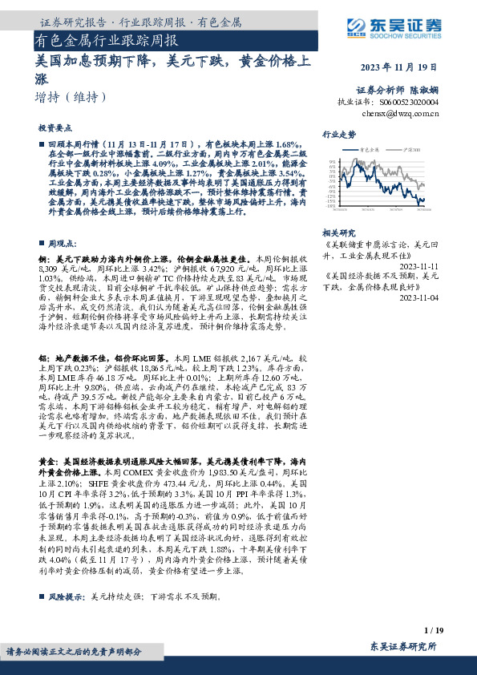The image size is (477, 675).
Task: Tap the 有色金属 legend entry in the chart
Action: click(371, 149)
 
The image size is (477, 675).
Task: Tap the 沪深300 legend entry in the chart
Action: click(410, 149)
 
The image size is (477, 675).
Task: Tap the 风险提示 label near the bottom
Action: click(67, 596)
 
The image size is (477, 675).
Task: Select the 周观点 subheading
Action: click(62, 242)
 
